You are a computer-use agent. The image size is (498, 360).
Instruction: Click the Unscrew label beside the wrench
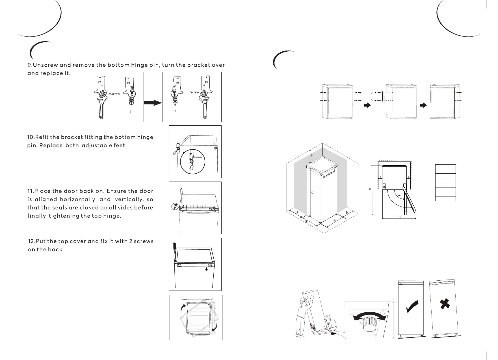(x=114, y=94)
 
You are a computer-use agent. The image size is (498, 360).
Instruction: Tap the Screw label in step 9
(x=194, y=92)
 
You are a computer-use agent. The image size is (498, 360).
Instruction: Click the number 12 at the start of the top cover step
(x=31, y=241)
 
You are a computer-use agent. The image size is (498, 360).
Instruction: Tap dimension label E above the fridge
(x=311, y=156)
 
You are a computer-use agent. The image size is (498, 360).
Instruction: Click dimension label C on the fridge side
(x=312, y=192)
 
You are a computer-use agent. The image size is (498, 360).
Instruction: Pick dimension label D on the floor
(x=296, y=212)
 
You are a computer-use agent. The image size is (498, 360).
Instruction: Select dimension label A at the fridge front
(x=334, y=220)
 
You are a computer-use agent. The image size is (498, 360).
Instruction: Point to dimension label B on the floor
(x=306, y=222)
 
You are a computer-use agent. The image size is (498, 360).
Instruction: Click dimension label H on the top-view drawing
(x=370, y=189)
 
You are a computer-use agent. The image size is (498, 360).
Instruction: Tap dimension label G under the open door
(x=399, y=217)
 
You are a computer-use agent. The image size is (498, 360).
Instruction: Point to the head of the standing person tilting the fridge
(x=303, y=304)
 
